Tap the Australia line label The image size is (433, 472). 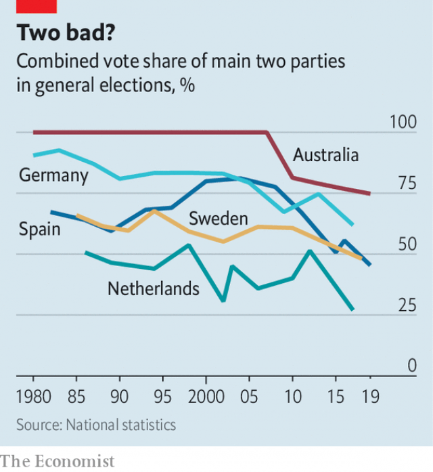(x=325, y=155)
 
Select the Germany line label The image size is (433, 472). (x=53, y=176)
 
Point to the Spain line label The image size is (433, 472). (x=39, y=229)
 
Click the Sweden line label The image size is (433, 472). (x=219, y=218)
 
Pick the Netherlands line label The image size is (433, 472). (x=154, y=288)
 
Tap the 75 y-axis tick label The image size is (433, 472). (x=406, y=184)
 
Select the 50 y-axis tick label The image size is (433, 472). (x=406, y=244)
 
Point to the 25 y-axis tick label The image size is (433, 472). (x=406, y=305)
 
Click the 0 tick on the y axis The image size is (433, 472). (x=411, y=366)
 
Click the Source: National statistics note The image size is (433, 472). (x=96, y=425)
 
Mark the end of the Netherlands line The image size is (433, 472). (x=352, y=309)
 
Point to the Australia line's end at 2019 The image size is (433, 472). (x=369, y=194)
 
